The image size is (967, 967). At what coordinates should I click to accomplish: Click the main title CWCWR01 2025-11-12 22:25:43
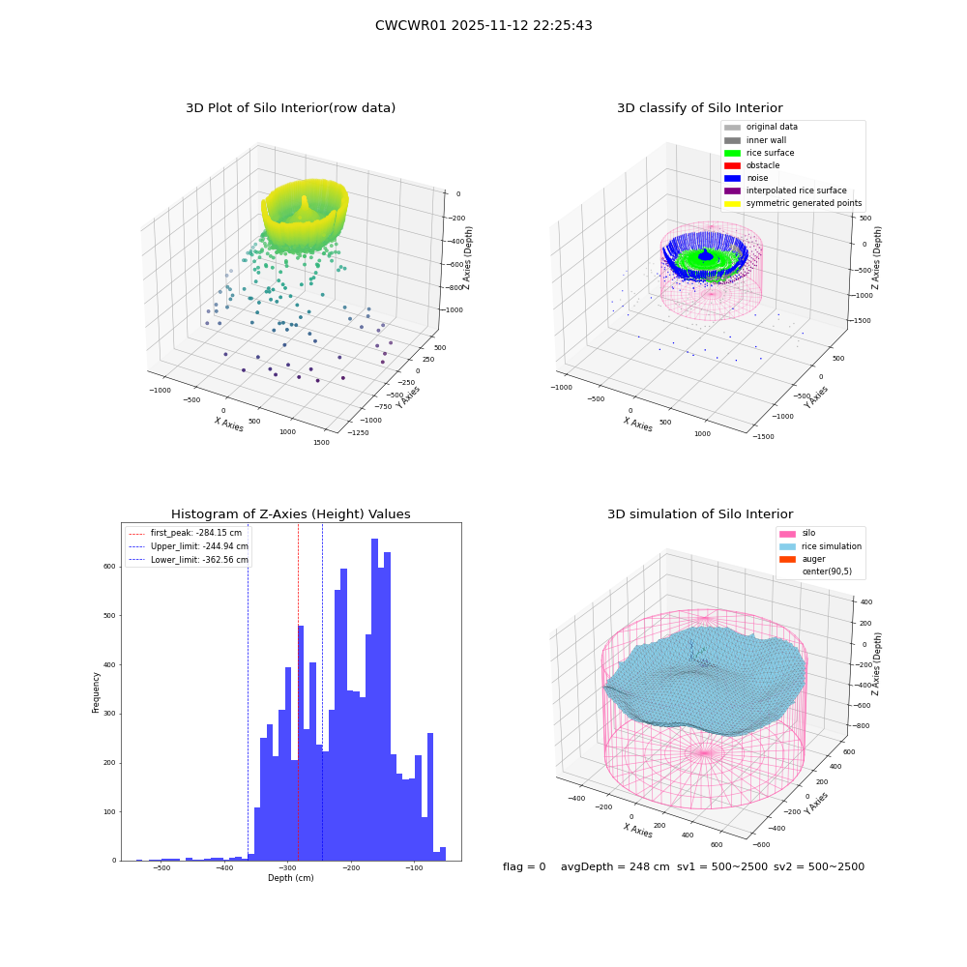[x=483, y=25]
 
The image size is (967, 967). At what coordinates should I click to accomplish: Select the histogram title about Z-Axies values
[x=290, y=513]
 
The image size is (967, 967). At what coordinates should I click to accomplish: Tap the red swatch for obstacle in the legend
[x=732, y=165]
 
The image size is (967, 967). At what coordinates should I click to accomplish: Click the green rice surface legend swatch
[x=732, y=153]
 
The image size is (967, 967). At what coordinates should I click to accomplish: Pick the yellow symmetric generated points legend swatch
[x=732, y=203]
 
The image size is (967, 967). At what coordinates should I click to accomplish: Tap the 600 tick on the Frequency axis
[x=110, y=567]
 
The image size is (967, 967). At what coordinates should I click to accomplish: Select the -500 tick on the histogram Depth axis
[x=161, y=867]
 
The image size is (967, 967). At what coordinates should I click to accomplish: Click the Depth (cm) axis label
[x=290, y=878]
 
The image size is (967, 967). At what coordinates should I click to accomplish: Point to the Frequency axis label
[x=96, y=692]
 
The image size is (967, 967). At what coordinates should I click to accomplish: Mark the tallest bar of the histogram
[x=374, y=699]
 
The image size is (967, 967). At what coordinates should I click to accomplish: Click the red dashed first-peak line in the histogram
[x=298, y=692]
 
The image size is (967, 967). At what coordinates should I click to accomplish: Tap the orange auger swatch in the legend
[x=787, y=559]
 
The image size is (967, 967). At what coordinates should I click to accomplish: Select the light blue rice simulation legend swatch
[x=787, y=546]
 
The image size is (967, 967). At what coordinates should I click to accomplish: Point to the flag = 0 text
[x=524, y=866]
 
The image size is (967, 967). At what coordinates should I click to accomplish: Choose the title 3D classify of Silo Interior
[x=700, y=108]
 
